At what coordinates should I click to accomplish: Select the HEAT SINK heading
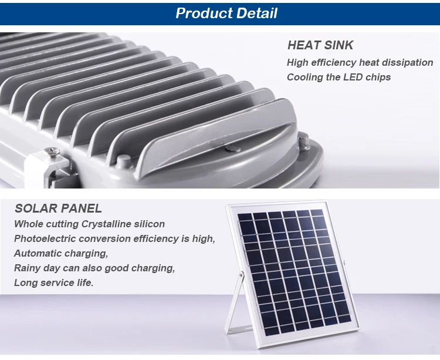[x=320, y=45]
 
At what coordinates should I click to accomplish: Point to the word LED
[x=350, y=77]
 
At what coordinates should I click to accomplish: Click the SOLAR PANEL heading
[x=58, y=208]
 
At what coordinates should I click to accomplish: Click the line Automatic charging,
[x=61, y=253]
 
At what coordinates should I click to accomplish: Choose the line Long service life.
[x=53, y=282]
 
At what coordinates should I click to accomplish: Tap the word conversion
[x=112, y=238]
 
